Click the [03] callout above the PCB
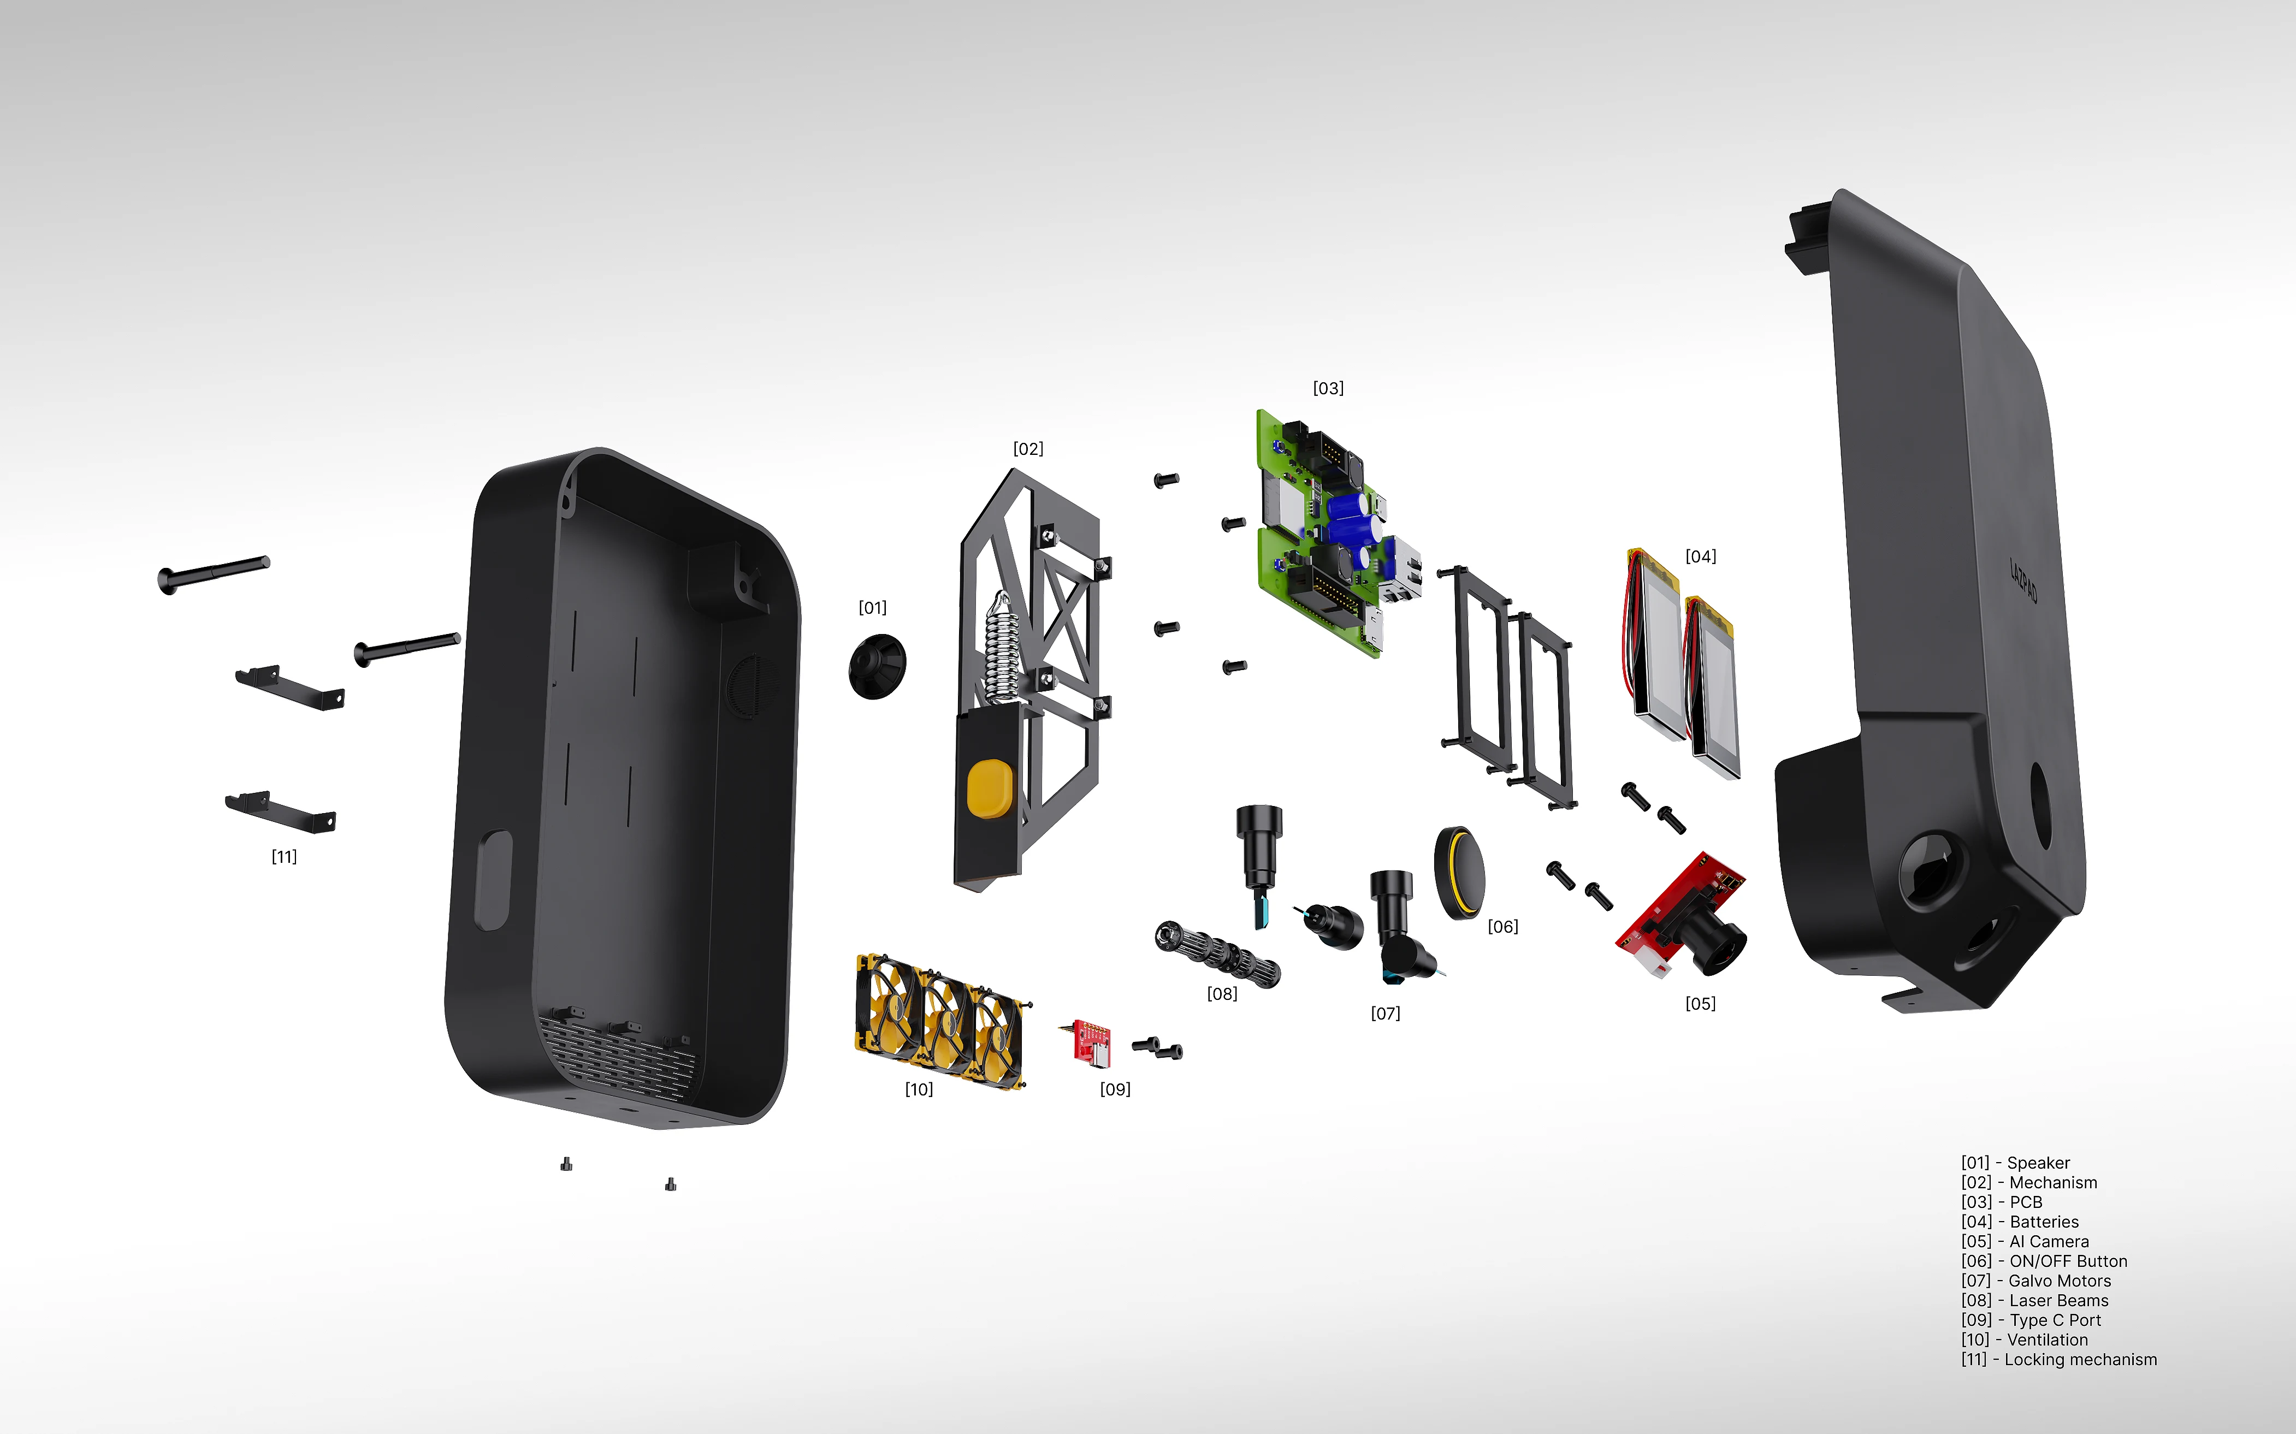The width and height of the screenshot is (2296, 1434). point(1328,388)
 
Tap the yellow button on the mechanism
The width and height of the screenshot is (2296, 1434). point(989,788)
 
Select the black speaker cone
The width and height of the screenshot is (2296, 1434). point(877,666)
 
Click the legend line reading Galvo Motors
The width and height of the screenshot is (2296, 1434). point(2036,1281)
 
